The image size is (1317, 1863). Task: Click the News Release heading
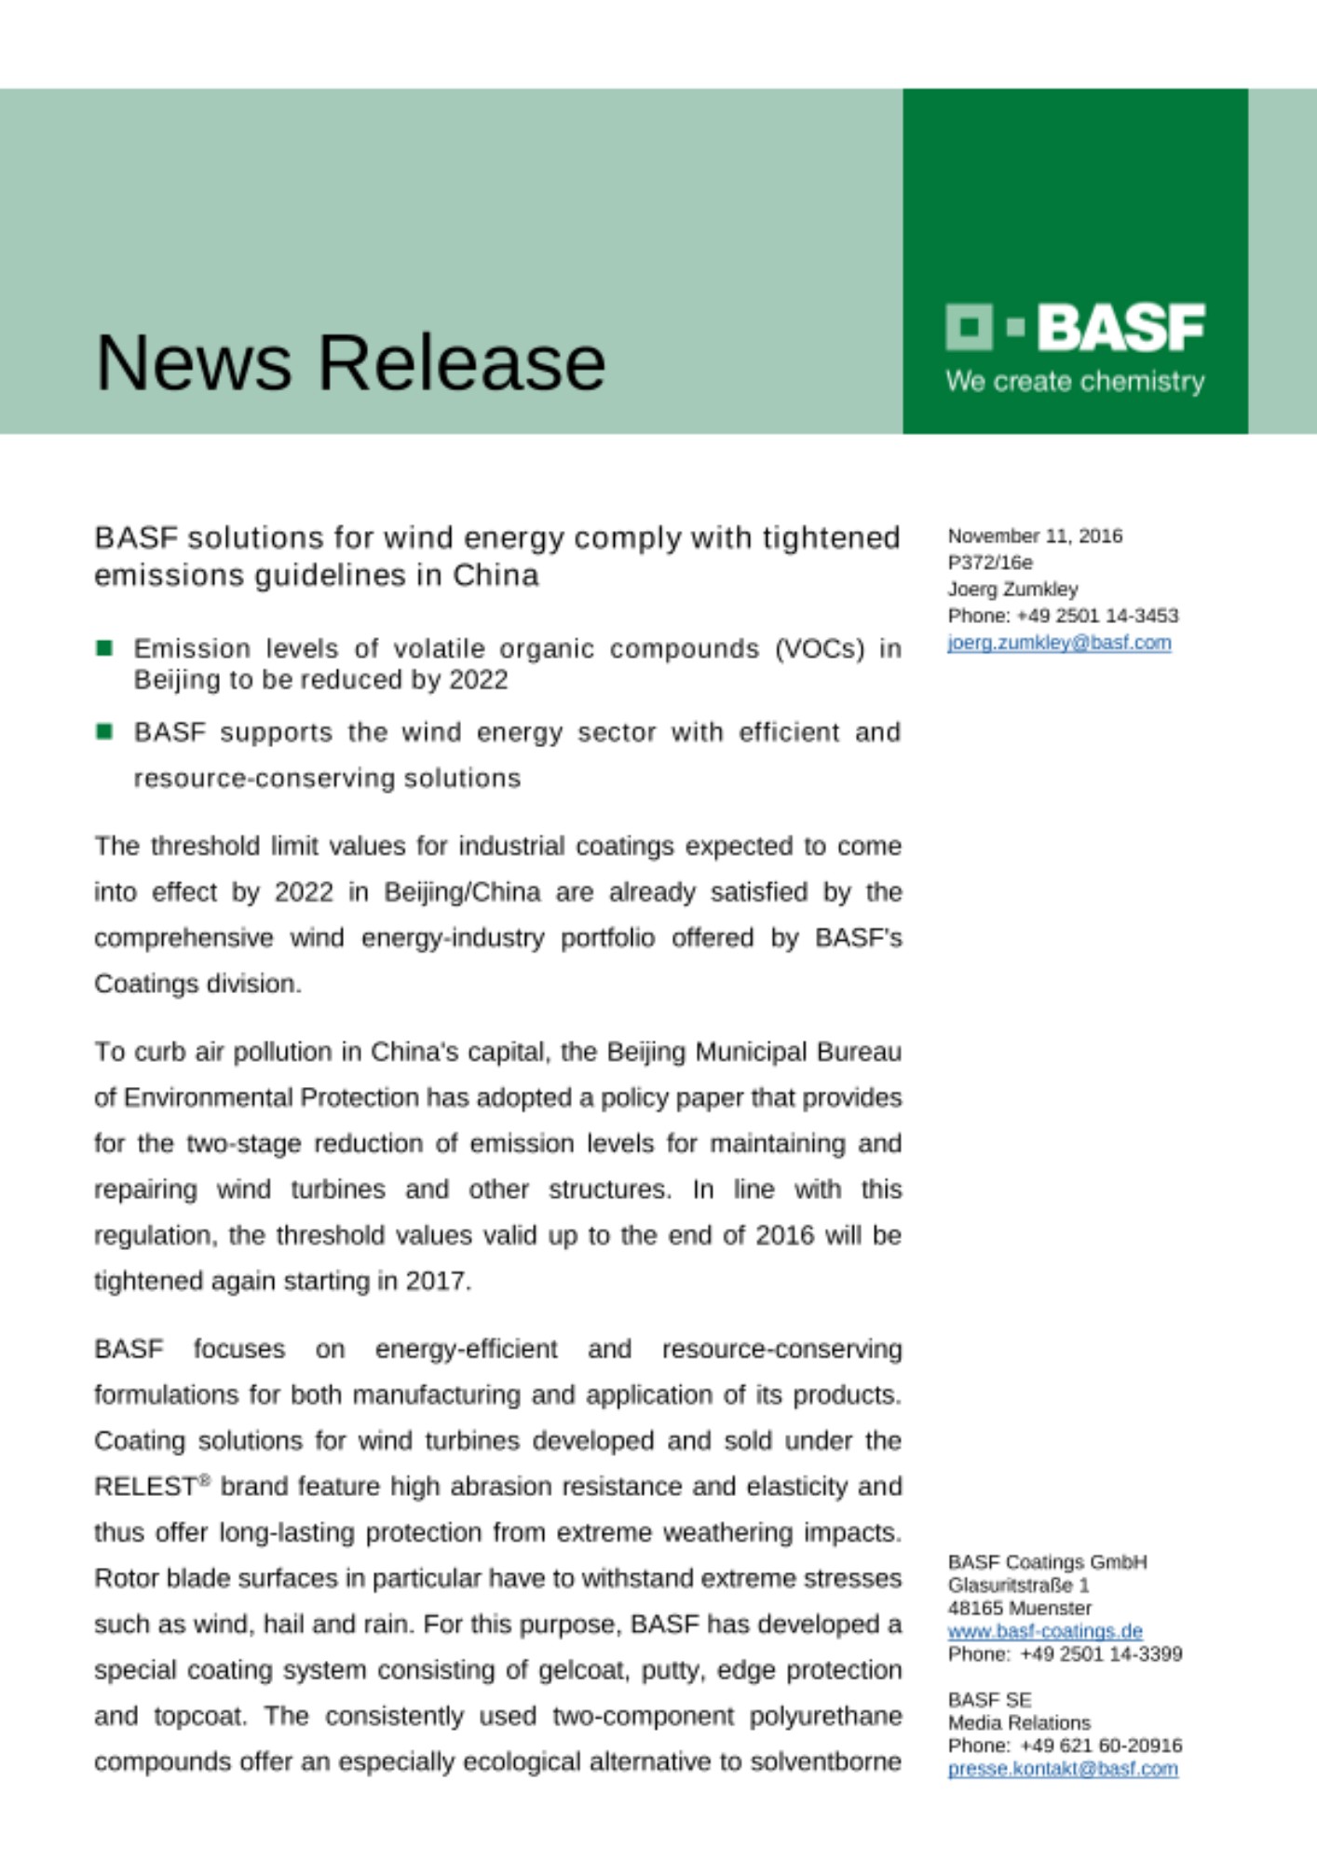tap(350, 362)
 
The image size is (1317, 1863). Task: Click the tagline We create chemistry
tap(1075, 382)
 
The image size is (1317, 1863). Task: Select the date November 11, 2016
tap(1035, 537)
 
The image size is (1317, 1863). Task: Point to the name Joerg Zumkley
tap(1012, 590)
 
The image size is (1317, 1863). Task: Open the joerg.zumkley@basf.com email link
tap(1059, 643)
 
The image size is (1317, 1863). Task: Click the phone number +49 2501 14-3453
tap(1097, 616)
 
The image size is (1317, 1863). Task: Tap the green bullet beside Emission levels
tap(104, 647)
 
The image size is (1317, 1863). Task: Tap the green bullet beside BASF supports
tap(104, 731)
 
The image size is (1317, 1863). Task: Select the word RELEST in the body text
tap(144, 1487)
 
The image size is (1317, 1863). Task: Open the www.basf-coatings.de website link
tap(1044, 1631)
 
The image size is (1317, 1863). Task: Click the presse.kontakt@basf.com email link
tap(1062, 1769)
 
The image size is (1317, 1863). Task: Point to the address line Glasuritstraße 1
tap(1018, 1585)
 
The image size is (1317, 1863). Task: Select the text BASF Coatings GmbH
tap(1047, 1562)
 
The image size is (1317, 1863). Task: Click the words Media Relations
tap(1018, 1723)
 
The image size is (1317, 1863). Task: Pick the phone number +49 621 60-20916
tap(1101, 1746)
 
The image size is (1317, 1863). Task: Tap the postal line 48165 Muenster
tap(1019, 1609)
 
